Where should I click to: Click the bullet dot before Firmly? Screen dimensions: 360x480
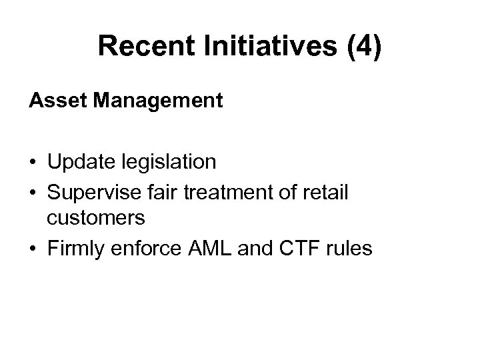point(32,249)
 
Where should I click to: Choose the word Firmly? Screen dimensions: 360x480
point(74,249)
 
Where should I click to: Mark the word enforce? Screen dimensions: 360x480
point(146,249)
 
